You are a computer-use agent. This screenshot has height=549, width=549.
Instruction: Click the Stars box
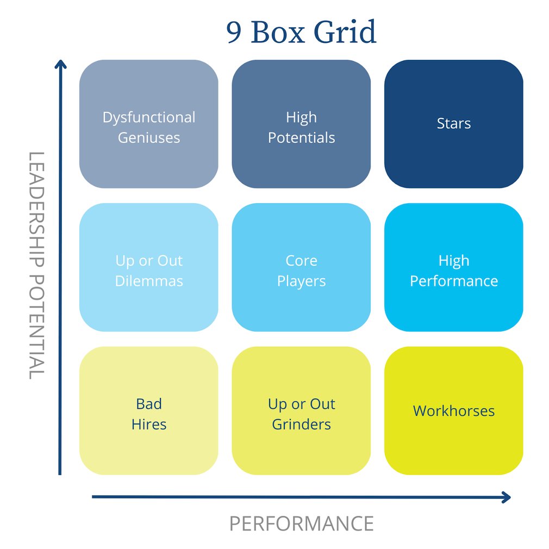(453, 124)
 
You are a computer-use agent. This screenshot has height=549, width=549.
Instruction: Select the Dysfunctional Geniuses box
(148, 124)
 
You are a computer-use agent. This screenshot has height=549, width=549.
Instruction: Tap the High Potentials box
(301, 124)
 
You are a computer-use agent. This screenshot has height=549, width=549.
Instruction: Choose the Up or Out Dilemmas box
(148, 267)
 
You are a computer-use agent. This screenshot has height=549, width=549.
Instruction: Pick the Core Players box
(301, 267)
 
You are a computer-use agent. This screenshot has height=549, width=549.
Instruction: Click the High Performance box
(453, 267)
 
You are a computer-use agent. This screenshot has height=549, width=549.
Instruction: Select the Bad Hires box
(148, 411)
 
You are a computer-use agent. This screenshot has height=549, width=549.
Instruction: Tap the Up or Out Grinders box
(301, 411)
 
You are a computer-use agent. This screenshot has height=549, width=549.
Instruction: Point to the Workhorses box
(453, 411)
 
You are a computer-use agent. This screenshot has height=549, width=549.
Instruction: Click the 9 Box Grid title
(301, 33)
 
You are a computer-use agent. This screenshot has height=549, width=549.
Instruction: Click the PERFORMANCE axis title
(301, 523)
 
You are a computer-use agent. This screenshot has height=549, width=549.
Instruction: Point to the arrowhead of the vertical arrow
(61, 64)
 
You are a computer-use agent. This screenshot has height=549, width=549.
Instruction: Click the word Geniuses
(148, 138)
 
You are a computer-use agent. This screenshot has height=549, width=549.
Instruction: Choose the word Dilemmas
(148, 281)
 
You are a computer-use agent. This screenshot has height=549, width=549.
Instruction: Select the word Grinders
(301, 424)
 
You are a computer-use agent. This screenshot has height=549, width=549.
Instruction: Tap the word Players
(301, 281)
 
